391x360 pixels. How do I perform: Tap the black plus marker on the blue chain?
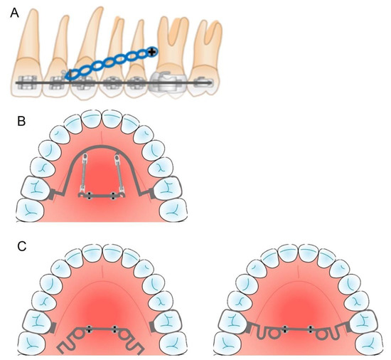(x=153, y=51)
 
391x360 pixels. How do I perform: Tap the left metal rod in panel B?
(x=83, y=174)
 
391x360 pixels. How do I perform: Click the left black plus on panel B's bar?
(x=89, y=196)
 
